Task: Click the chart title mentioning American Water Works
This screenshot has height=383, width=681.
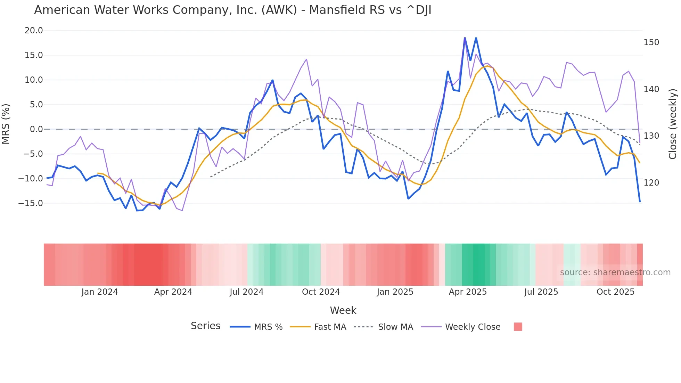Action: coord(232,10)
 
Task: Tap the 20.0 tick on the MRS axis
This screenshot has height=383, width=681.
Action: coord(34,31)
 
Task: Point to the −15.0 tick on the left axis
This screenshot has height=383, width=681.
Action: coord(31,203)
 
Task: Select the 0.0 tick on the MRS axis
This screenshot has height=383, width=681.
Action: coord(36,129)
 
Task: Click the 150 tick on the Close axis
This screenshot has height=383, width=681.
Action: coord(651,42)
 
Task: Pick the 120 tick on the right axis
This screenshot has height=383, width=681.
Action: coord(651,183)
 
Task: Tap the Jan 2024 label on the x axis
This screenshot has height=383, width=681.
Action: coord(100,292)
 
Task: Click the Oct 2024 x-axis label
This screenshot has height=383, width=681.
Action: coord(321,292)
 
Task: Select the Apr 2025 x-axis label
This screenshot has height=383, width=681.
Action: coord(468,292)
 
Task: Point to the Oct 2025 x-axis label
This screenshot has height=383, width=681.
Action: coord(615,292)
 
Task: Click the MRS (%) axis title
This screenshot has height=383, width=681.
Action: coord(6,124)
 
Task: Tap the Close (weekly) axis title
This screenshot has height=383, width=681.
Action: coord(673,124)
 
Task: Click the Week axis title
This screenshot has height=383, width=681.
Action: coord(343,310)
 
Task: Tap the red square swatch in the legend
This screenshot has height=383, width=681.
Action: coord(518,327)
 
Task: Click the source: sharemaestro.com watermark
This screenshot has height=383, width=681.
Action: coord(615,272)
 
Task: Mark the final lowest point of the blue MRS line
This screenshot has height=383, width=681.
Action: coord(640,202)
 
